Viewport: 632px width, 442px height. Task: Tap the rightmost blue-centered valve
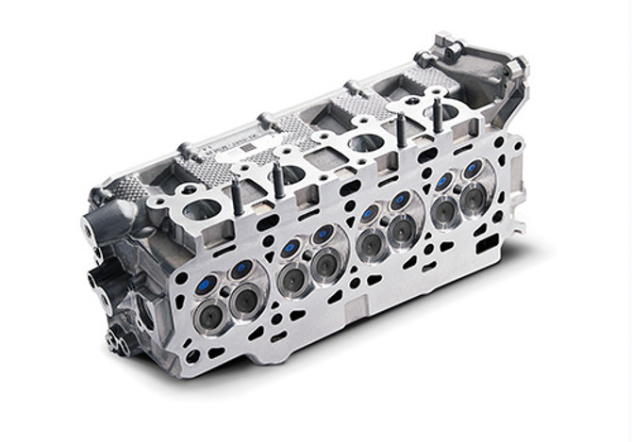pos(472,170)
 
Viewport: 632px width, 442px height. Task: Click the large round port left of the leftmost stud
pos(199,208)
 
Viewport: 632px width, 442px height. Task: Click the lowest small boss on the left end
pos(115,339)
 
